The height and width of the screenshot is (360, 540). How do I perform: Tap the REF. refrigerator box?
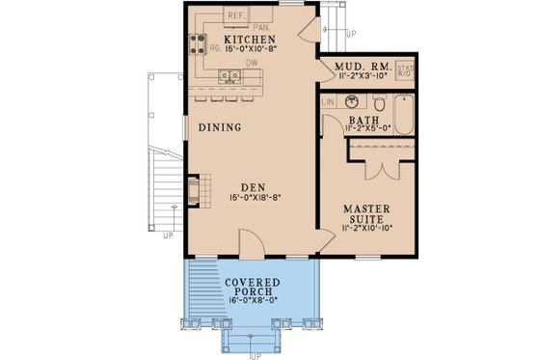click(x=236, y=15)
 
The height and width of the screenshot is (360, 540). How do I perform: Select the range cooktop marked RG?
click(x=197, y=42)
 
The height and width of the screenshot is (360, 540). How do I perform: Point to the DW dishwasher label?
click(x=251, y=63)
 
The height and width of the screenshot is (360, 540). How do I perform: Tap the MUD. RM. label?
click(x=359, y=67)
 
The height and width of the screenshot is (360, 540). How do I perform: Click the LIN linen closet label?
click(x=327, y=101)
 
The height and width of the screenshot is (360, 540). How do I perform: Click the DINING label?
click(x=220, y=126)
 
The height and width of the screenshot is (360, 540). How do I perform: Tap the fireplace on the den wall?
click(x=194, y=189)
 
